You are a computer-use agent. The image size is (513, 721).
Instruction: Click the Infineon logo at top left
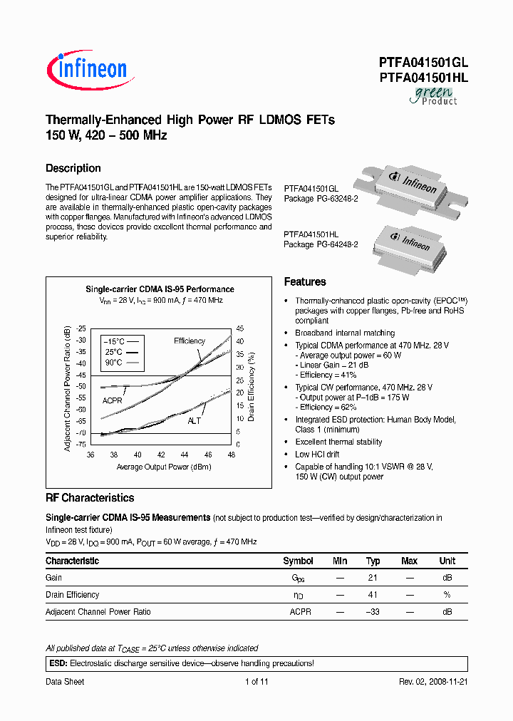[x=87, y=68]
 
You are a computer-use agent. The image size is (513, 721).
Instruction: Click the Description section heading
[x=73, y=168]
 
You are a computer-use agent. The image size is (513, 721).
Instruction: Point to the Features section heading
[x=305, y=281]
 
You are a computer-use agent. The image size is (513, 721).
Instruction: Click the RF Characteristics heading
[x=90, y=498]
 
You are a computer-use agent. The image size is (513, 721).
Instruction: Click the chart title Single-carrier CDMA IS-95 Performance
[x=160, y=289]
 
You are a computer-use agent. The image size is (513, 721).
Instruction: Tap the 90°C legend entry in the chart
[x=118, y=363]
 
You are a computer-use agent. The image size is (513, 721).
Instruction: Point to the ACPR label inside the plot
[x=113, y=400]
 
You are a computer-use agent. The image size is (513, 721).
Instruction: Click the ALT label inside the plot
[x=195, y=421]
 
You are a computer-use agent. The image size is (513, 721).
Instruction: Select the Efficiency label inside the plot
[x=190, y=341]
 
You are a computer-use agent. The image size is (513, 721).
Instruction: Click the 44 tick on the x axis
[x=184, y=455]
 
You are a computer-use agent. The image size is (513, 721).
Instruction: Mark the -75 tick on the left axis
[x=81, y=444]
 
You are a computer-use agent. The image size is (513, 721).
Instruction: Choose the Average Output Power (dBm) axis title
[x=164, y=467]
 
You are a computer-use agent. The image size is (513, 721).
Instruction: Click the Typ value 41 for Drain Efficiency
[x=373, y=595]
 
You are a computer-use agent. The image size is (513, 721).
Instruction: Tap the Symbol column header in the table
[x=298, y=561]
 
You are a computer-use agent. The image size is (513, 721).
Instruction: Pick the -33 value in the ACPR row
[x=373, y=612]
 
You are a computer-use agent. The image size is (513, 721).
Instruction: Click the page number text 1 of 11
[x=256, y=682]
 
